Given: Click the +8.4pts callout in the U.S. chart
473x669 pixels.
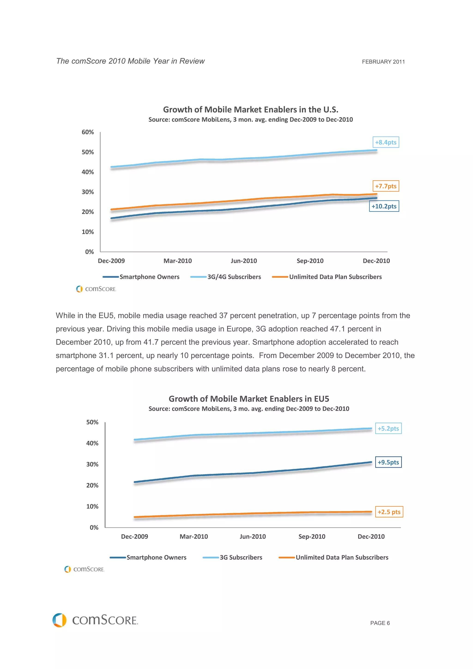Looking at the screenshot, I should point(385,142).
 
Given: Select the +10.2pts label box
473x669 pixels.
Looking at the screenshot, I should point(384,206).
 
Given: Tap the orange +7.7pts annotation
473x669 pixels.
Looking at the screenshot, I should point(385,186).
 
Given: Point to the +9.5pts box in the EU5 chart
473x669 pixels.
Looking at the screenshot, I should point(388,462).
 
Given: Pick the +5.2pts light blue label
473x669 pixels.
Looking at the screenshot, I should point(388,428).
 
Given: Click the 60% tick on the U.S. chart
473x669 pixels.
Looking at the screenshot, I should point(88,132).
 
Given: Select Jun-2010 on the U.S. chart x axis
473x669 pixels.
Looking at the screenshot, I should point(244,261).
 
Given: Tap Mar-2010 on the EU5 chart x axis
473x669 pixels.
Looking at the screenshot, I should point(194,536).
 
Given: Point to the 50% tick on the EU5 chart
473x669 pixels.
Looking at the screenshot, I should point(92,422).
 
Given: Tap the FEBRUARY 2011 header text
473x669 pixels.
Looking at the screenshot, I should point(383,62).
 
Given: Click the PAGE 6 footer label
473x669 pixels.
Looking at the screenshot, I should point(380,623).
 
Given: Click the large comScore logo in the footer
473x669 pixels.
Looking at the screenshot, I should point(95,620).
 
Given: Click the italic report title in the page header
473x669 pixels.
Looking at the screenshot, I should point(130,61).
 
